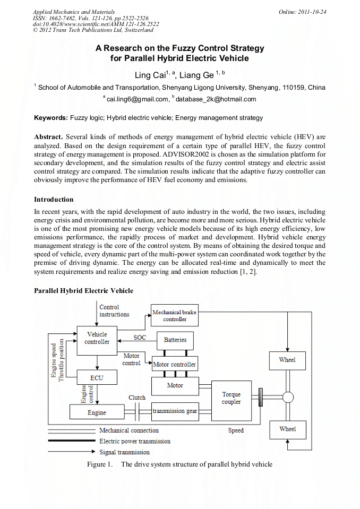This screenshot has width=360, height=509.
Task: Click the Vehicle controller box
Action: click(x=97, y=338)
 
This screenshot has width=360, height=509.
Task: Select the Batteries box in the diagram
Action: click(x=175, y=340)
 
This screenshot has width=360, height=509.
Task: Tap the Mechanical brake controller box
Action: click(x=175, y=316)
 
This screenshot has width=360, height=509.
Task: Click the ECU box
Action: click(x=97, y=377)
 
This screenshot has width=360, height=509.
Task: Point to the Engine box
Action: click(x=97, y=412)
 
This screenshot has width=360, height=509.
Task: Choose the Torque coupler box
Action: click(x=231, y=398)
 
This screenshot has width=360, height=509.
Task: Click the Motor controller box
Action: click(x=175, y=365)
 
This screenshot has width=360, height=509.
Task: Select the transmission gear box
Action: click(x=175, y=411)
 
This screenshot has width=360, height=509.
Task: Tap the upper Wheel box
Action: click(x=287, y=360)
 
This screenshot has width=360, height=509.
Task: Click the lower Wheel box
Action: click(x=287, y=429)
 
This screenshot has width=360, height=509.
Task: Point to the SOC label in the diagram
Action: click(x=139, y=337)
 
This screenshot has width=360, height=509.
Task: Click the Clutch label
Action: click(x=137, y=398)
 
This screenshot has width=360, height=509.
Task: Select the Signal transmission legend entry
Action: click(x=124, y=452)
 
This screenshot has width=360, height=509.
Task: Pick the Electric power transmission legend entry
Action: click(x=135, y=441)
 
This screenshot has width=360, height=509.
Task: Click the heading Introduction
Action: click(x=54, y=200)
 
